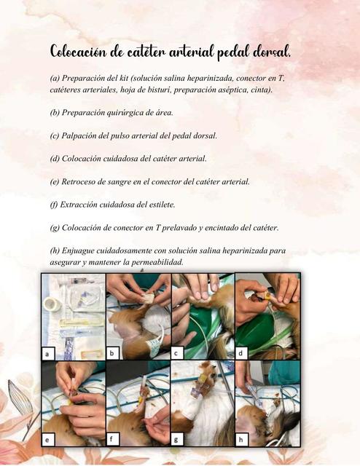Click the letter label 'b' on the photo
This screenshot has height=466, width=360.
point(114,353)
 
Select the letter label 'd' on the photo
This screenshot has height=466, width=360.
point(242,353)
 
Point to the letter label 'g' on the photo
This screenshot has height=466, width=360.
point(178,440)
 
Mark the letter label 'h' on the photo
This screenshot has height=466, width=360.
point(242,440)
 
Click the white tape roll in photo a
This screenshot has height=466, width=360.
point(51,304)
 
